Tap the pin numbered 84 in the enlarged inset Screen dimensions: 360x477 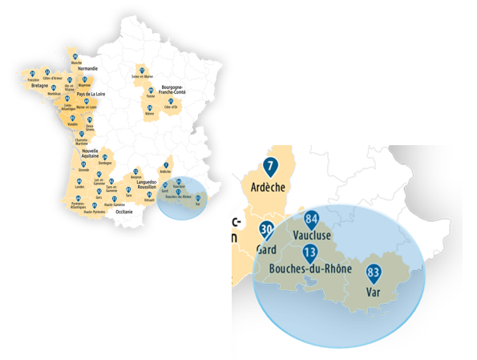click(x=312, y=219)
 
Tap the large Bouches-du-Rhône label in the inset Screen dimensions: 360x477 click(x=313, y=269)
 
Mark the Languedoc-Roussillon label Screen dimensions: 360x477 click(x=150, y=184)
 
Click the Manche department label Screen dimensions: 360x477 click(x=76, y=63)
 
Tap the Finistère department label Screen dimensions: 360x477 click(x=33, y=80)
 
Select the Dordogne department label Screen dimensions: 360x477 click(x=106, y=164)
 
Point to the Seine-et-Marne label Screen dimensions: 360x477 click(x=142, y=76)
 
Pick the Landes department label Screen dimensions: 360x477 click(x=79, y=188)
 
